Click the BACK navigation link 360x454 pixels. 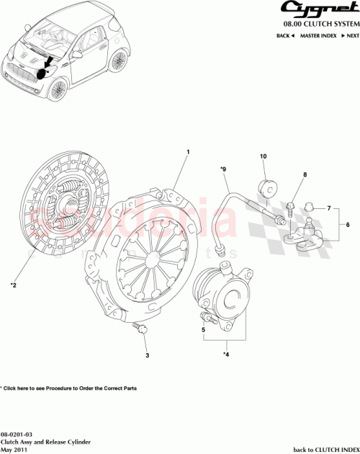coord(285,35)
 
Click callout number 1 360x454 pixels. coord(188,153)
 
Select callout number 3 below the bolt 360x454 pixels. coord(147,356)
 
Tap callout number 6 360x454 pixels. coord(348,224)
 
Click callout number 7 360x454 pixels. coord(328,208)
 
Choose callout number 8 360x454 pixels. coord(305,175)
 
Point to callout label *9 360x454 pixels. coord(223,171)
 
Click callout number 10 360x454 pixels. coord(264,156)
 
